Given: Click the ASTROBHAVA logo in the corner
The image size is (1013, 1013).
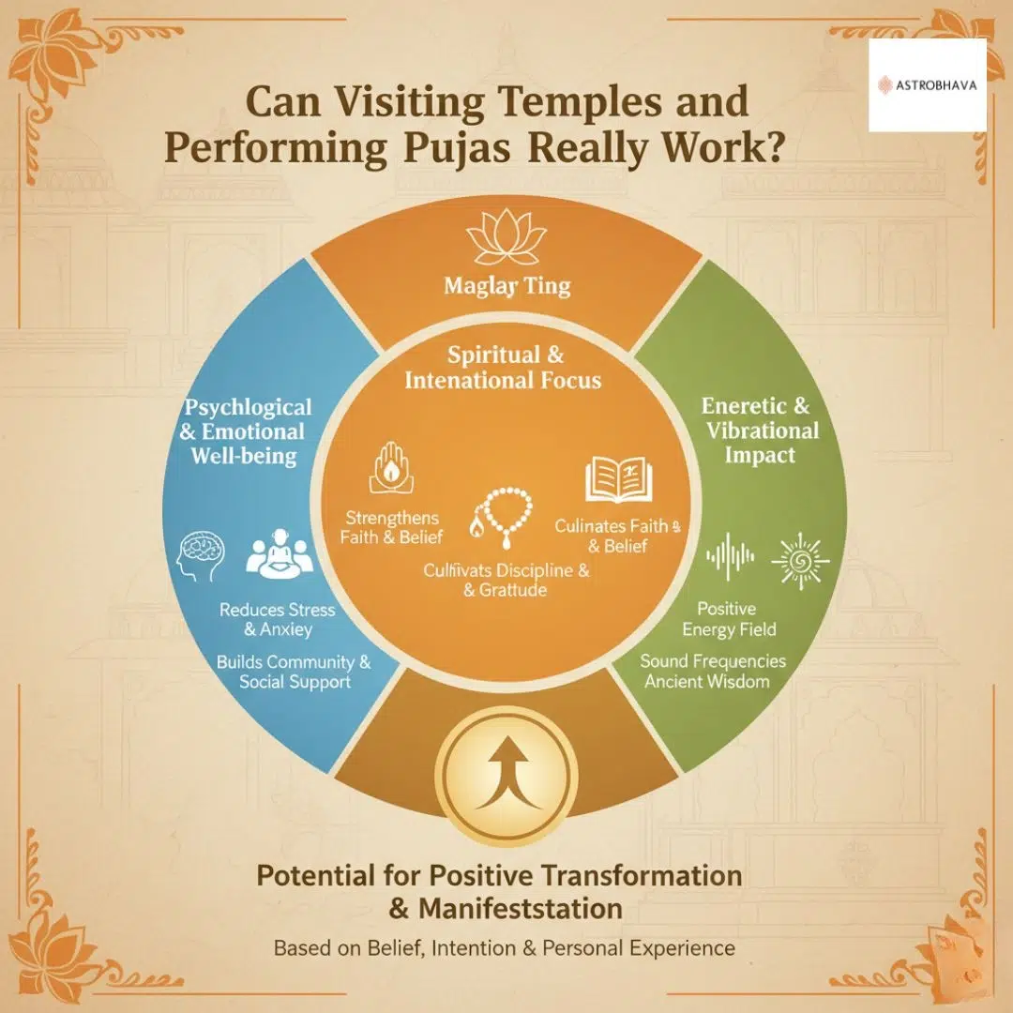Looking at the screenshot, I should [927, 84].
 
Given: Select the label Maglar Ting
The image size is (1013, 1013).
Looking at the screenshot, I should [506, 286].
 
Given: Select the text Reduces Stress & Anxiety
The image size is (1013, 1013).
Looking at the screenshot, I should [277, 620].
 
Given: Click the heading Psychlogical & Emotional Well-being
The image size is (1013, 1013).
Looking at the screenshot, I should [248, 432].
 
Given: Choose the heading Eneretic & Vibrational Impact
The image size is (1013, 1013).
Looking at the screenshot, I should [761, 431].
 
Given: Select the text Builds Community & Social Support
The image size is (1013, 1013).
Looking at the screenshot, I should [294, 672].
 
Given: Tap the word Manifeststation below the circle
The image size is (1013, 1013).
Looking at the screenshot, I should [521, 909].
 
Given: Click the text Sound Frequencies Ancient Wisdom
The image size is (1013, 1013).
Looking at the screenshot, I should [713, 671].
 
